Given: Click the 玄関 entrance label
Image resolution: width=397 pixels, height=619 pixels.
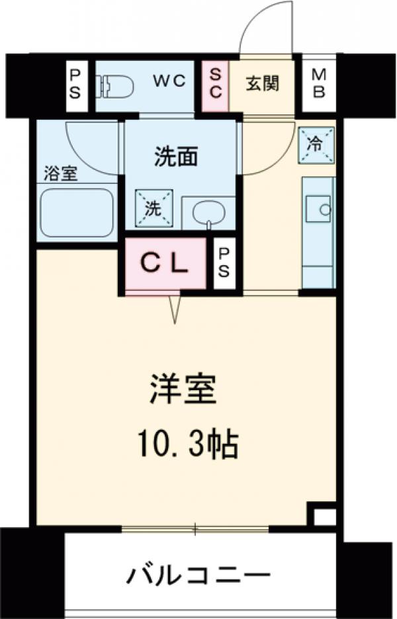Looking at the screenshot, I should coord(263,83).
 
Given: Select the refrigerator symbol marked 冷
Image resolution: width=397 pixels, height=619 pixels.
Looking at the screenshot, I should coord(316,144).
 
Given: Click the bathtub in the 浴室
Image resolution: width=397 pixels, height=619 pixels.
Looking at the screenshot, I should coord(77,213).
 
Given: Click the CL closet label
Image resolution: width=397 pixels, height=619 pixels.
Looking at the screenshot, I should coord(167,264).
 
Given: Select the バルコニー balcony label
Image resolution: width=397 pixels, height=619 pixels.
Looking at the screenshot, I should coord(198,574).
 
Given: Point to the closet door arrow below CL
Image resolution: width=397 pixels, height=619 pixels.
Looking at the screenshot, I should coord(175,308).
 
